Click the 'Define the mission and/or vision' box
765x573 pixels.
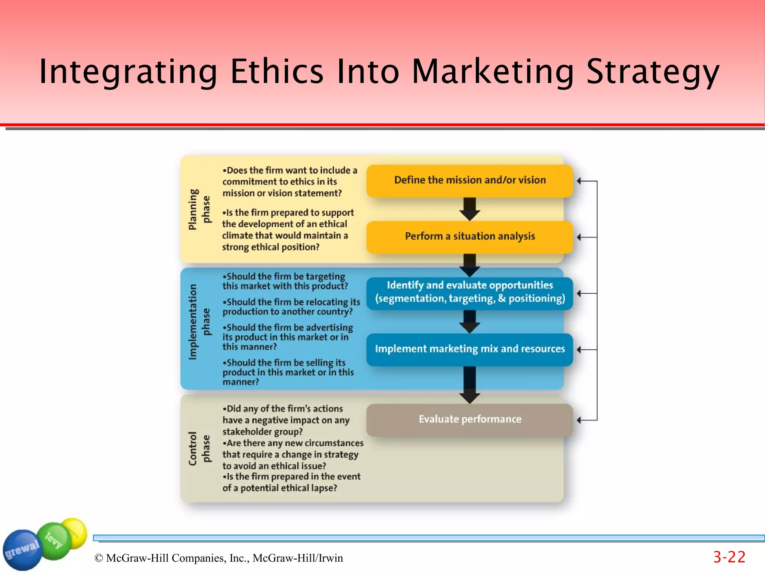470,180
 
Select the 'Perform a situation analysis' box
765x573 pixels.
470,237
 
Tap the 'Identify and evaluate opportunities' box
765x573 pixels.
470,292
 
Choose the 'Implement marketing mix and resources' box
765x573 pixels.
470,349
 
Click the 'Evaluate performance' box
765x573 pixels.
470,420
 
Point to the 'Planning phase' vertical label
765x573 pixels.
199,209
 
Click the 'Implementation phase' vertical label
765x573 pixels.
199,322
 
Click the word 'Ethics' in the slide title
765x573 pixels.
277,72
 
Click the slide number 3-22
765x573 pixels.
729,557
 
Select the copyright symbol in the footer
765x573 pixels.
99,558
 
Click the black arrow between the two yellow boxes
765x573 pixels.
470,209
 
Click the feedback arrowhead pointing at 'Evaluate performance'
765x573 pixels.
579,420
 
